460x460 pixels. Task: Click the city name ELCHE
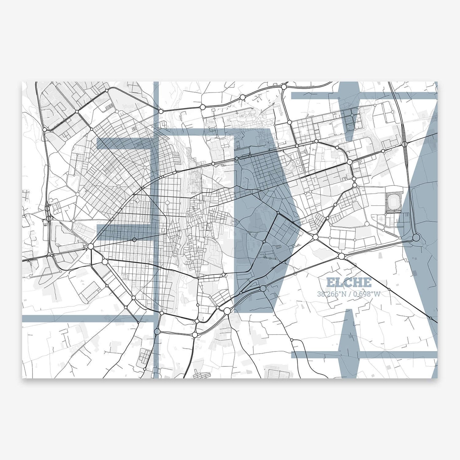[x=348, y=282]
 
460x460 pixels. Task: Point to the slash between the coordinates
[x=350, y=294]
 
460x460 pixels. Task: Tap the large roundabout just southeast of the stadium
[x=416, y=238]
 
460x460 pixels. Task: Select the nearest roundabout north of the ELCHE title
[x=342, y=256]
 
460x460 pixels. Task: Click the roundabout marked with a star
[x=134, y=239]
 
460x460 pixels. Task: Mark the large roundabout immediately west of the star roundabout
[x=91, y=246]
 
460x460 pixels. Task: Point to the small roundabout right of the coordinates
[x=430, y=318]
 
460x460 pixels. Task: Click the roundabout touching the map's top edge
[x=284, y=87]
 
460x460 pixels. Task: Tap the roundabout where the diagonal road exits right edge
[x=430, y=318]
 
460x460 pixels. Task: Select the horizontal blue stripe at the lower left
[x=86, y=318]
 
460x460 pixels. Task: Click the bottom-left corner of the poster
[x=22, y=378]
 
